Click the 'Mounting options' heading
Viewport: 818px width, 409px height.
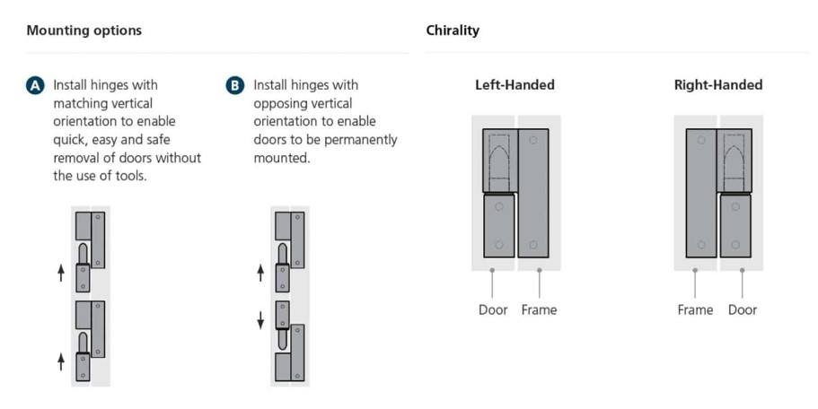84,30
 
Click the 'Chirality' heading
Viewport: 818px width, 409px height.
453,30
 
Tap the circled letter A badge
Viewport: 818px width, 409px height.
35,85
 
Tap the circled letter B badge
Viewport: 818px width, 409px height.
235,85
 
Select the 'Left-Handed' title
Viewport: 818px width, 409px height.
515,85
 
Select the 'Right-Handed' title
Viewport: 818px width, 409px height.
717,85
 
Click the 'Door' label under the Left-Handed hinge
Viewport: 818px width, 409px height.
493,310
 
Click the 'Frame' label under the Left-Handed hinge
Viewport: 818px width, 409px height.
539,310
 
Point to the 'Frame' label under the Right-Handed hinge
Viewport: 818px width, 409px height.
695,310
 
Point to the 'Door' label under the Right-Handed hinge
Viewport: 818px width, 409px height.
743,310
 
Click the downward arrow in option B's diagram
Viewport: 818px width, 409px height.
260,320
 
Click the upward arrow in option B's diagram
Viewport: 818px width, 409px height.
260,273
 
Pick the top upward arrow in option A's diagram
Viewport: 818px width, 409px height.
61,273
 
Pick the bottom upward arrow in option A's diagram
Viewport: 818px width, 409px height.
61,361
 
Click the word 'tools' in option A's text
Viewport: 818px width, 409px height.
129,176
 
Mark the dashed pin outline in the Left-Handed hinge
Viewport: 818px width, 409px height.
498,162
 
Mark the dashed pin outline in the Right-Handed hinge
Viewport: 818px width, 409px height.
734,162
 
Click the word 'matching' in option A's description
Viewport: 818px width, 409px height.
76,104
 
